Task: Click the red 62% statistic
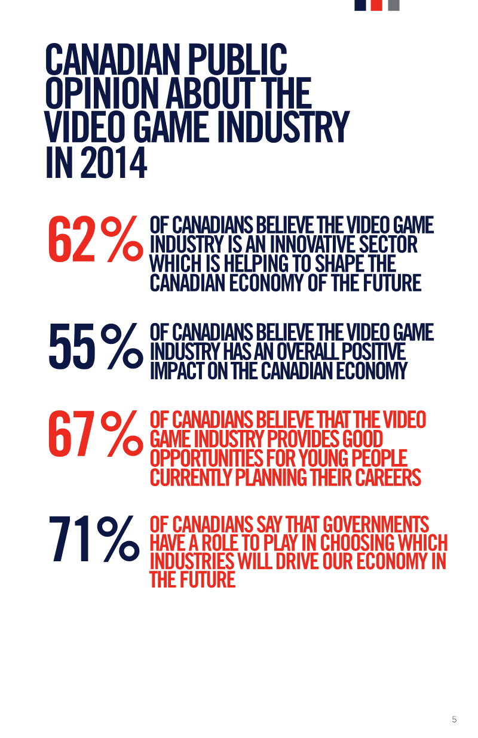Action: pos(96,239)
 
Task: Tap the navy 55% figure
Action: pos(96,346)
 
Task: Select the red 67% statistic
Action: pos(96,433)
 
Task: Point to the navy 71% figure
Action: pos(94,539)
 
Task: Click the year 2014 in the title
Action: pos(114,163)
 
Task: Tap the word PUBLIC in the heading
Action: pos(238,59)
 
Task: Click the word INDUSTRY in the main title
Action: pos(283,127)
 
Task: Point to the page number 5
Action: pos(454,719)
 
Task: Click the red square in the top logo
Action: pos(376,5)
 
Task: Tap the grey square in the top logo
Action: pos(394,5)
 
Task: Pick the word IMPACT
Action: pos(177,371)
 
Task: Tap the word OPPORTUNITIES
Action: pos(206,459)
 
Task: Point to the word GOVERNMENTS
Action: pos(376,524)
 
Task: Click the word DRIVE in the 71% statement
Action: pos(298,561)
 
